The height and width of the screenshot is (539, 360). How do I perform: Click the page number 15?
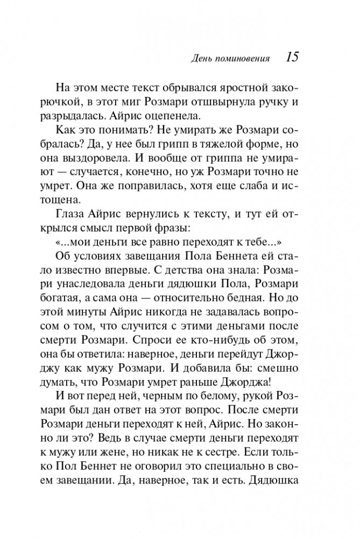click(x=292, y=57)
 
